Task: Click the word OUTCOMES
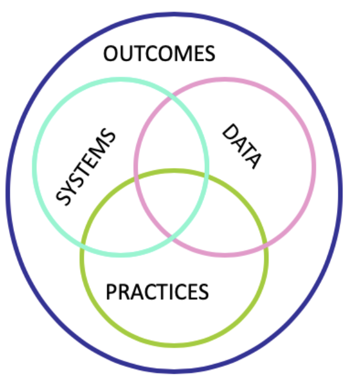[159, 53]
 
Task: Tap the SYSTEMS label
[85, 167]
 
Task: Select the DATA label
[241, 146]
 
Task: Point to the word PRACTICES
[157, 292]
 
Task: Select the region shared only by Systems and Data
[171, 138]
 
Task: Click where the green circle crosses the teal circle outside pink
[83, 244]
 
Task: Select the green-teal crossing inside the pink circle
[207, 176]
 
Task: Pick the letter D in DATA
[230, 132]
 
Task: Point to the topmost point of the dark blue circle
[174, 15]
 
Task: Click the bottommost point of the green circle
[174, 345]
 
